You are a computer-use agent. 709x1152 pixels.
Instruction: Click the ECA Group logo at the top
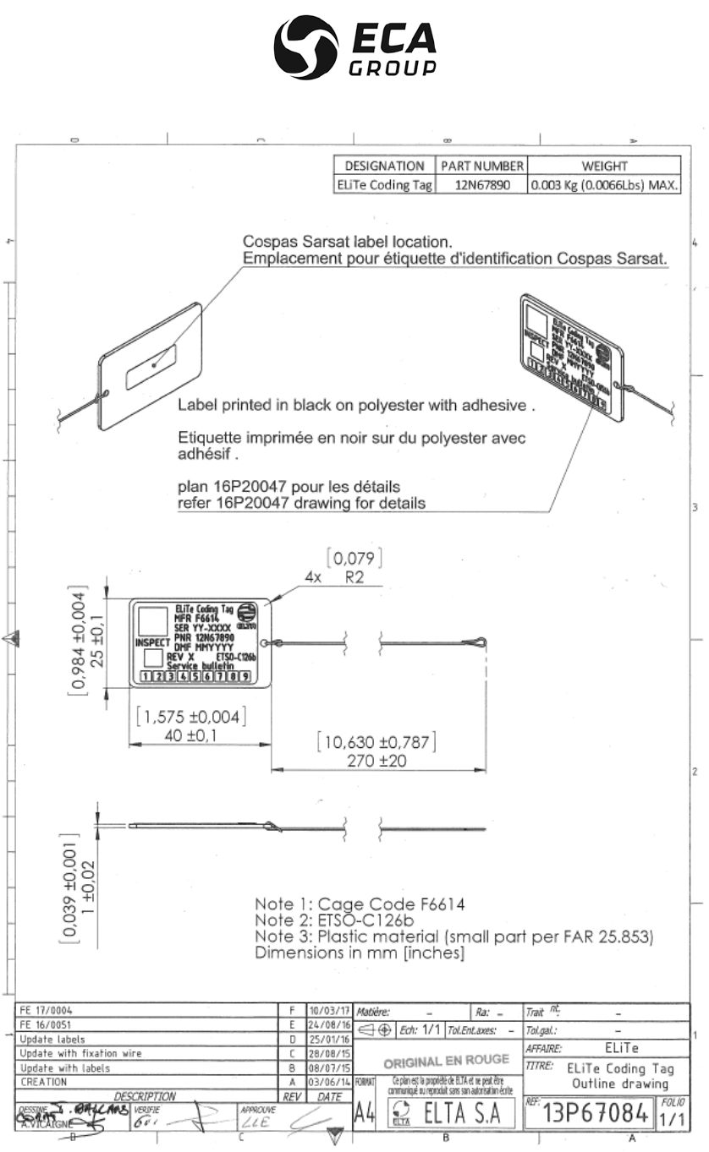click(x=354, y=48)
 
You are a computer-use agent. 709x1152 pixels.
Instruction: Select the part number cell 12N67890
click(x=482, y=185)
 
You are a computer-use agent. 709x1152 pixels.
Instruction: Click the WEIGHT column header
click(x=604, y=166)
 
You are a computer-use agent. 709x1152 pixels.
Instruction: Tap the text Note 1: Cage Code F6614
click(x=359, y=904)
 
